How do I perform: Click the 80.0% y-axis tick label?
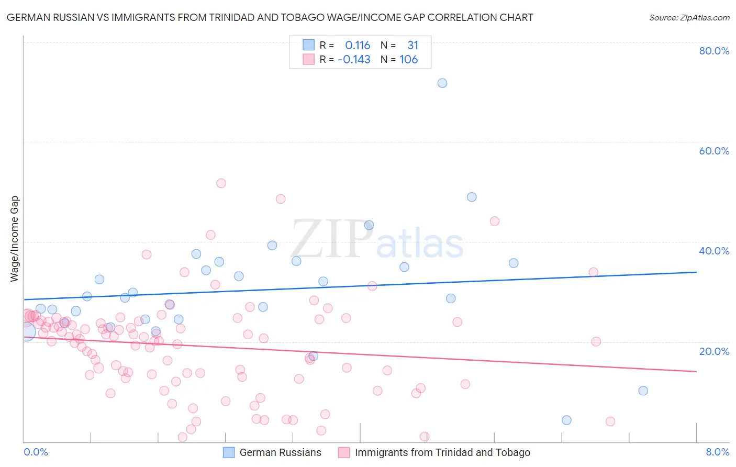click(714, 51)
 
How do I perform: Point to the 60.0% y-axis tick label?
click(714, 151)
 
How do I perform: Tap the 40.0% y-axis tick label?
click(714, 251)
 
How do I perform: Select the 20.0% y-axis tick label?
click(714, 351)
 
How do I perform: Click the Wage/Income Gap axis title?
click(14, 239)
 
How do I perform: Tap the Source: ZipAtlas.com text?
click(689, 17)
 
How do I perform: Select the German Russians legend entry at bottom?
click(280, 453)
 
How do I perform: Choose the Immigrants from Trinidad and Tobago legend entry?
click(442, 453)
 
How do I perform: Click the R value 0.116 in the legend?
click(358, 46)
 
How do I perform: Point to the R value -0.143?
click(354, 60)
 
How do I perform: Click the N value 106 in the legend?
click(409, 60)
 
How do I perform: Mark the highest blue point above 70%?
click(442, 83)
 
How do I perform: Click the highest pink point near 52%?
click(221, 183)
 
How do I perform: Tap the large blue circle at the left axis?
click(26, 331)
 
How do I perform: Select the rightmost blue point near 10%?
click(643, 391)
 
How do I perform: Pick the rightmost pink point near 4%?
click(610, 421)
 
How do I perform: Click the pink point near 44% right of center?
click(495, 221)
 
